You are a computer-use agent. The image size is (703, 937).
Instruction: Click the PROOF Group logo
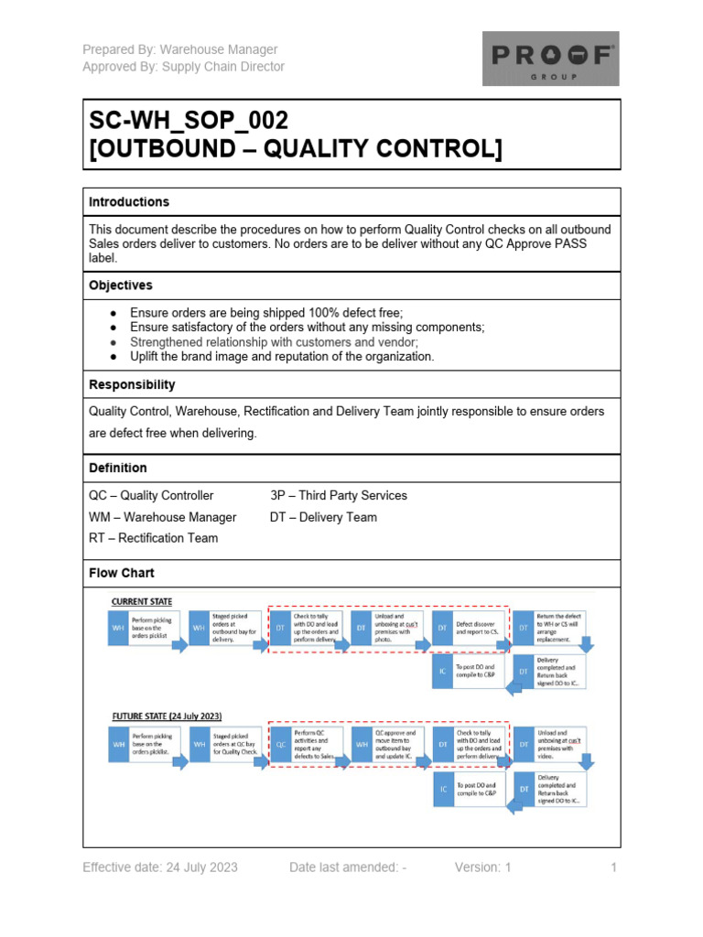[x=550, y=59]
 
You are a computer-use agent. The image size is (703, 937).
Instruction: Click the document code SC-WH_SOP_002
[x=189, y=121]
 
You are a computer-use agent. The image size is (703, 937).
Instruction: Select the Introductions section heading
[x=129, y=201]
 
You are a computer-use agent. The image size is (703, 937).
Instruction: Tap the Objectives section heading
[x=120, y=285]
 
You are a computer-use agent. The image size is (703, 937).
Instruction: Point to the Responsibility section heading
[x=132, y=384]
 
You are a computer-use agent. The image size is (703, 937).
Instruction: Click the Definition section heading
[x=117, y=468]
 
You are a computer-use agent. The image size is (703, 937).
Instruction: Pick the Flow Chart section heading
[x=122, y=573]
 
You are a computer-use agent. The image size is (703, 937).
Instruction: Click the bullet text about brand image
[x=282, y=356]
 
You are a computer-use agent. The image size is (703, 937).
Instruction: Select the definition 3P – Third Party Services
[x=339, y=495]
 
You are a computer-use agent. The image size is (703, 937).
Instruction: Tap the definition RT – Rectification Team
[x=153, y=538]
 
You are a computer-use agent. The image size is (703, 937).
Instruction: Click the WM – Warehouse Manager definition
[x=162, y=517]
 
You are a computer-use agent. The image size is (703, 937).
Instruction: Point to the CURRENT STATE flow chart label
[x=141, y=601]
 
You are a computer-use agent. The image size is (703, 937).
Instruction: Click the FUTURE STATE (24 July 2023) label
[x=167, y=715]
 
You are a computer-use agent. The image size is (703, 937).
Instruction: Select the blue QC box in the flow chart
[x=281, y=745]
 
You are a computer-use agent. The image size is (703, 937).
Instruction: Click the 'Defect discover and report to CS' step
[x=475, y=629]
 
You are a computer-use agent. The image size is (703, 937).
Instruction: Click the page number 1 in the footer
[x=613, y=867]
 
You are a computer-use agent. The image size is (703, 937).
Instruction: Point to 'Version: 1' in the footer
[x=482, y=867]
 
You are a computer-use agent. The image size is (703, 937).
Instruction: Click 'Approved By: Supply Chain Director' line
[x=183, y=66]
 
